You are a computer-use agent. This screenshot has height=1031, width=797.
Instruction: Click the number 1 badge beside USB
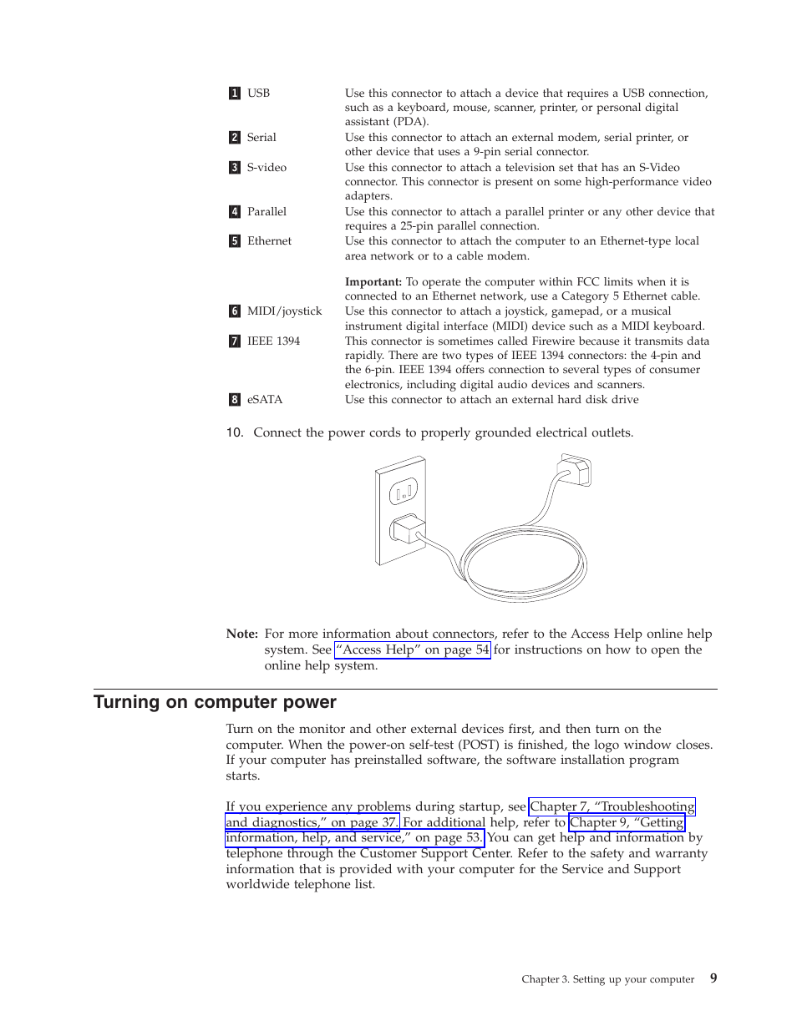point(235,93)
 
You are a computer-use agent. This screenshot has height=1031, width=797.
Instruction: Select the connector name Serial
point(261,138)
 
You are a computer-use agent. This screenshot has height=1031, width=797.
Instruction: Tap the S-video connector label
point(267,168)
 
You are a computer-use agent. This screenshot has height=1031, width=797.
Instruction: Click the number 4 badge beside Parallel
point(235,212)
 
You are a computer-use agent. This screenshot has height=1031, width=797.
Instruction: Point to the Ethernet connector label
point(269,241)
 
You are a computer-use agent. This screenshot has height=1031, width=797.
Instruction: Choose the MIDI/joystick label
point(284,311)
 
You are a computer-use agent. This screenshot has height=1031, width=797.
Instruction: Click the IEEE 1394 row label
point(273,341)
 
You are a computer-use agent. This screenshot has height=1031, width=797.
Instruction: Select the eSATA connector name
point(265,400)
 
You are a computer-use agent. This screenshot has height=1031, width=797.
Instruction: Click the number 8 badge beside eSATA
point(235,400)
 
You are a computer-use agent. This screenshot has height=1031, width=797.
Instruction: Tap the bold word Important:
point(373,282)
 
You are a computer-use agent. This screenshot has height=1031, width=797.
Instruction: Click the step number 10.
point(234,432)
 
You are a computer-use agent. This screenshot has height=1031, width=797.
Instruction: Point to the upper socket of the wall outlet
point(403,492)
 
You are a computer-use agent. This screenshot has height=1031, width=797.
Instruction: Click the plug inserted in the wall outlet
point(409,529)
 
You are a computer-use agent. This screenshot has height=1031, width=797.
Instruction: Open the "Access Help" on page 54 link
point(413,649)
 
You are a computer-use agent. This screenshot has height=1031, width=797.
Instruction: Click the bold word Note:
point(241,634)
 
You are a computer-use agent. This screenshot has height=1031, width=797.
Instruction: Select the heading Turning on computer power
point(215,702)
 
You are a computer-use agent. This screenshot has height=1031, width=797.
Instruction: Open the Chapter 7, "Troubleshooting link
point(612,806)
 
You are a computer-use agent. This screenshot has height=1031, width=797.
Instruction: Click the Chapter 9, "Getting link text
point(627,822)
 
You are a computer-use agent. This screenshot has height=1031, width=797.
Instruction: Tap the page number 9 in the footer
point(713,978)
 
